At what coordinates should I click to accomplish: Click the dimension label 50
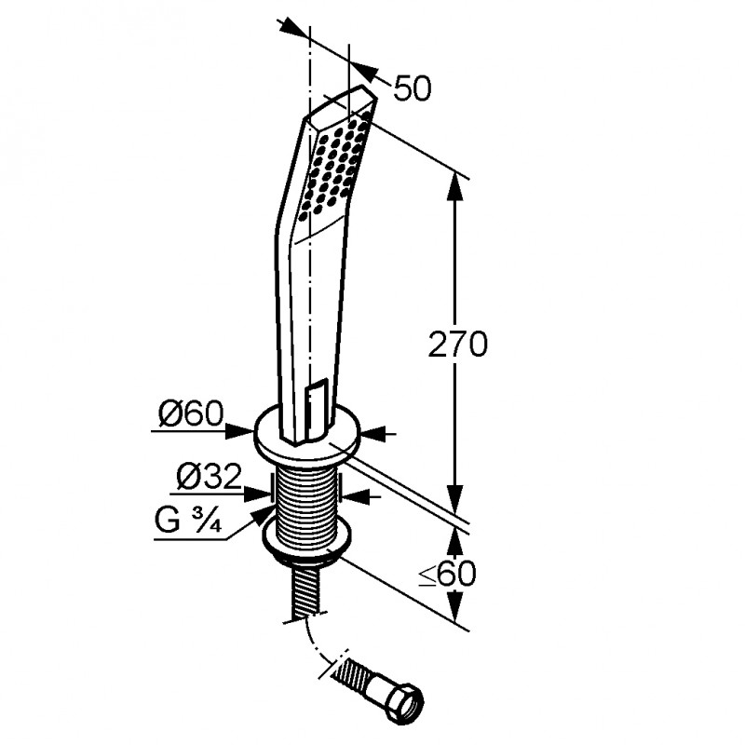[x=413, y=88]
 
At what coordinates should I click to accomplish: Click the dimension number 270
[x=457, y=344]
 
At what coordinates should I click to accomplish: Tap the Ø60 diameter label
[x=191, y=413]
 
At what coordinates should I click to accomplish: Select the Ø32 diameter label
[x=209, y=477]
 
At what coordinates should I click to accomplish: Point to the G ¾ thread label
[x=189, y=521]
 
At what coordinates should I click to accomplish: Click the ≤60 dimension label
[x=447, y=574]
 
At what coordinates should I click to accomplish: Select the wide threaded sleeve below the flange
[x=307, y=505]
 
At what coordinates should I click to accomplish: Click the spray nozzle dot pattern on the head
[x=336, y=166]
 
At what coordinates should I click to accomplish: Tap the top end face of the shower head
[x=342, y=104]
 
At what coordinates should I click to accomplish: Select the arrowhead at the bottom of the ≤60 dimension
[x=455, y=607]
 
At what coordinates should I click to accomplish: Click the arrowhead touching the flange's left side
[x=240, y=431]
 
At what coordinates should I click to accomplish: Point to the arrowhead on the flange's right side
[x=373, y=434]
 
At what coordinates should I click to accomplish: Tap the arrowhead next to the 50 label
[x=365, y=70]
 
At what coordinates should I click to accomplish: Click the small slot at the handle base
[x=316, y=409]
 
